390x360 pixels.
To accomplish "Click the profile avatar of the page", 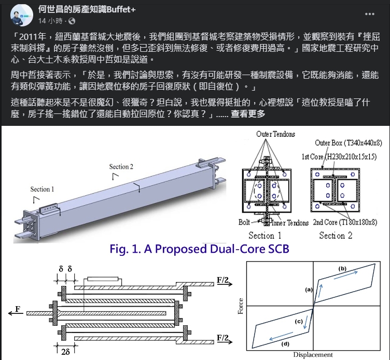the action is (22, 15).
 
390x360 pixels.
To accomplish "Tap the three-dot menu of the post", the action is (370, 14).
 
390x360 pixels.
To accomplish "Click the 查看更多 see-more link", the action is (248, 114).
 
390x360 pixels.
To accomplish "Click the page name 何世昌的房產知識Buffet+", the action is (87, 9).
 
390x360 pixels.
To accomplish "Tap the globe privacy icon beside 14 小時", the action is (72, 21).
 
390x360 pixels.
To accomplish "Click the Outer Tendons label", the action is (275, 134).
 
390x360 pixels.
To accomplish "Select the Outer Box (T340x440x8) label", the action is (348, 143).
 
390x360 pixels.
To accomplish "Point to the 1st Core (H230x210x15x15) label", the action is (339, 156).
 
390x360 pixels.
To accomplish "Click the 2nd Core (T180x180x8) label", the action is (345, 222).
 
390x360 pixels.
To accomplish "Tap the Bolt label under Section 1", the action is (244, 222).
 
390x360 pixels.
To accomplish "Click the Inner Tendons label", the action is (290, 223).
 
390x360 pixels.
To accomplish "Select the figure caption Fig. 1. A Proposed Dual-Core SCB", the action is (199, 249).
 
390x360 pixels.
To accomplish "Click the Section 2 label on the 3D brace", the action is (121, 166).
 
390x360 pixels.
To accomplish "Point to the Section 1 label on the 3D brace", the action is (42, 189).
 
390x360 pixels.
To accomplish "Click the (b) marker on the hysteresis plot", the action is (342, 268).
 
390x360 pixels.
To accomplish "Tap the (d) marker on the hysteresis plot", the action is (285, 344).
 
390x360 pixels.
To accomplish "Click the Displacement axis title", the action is (313, 355).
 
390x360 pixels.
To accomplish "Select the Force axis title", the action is (240, 306).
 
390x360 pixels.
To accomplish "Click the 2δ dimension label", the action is (65, 352).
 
